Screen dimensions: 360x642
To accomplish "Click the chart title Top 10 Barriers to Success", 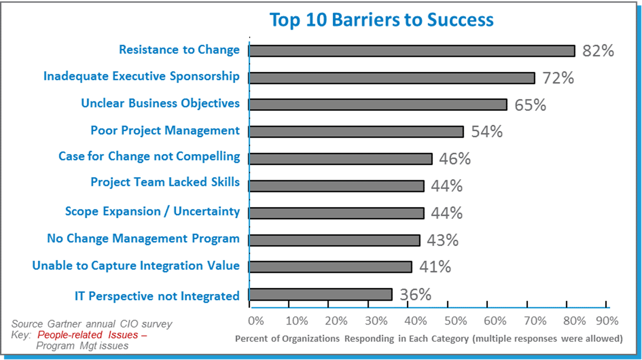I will (381, 20).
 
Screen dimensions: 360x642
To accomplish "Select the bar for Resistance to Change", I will (411, 51).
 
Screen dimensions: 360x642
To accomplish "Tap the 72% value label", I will (558, 78).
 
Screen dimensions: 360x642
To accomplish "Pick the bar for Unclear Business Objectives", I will (378, 105).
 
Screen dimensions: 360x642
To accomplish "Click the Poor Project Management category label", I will (165, 130).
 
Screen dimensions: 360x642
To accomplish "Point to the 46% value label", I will (455, 159).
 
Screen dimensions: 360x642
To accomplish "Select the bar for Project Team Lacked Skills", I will (336, 186).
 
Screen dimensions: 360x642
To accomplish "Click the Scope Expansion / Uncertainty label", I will (152, 211).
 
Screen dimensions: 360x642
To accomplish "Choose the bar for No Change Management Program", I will (334, 240).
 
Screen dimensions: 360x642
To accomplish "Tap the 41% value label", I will (435, 267).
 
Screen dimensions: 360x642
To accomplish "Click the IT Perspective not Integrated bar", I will (321, 294).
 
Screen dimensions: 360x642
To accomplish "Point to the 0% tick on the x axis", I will (256, 321).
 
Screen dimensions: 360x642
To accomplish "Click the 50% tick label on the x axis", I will (455, 321).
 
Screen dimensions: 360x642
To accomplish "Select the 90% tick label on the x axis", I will (607, 321).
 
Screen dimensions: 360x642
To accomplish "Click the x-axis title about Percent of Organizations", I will (428, 339).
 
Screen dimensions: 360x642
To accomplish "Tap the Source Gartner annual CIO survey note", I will (92, 324).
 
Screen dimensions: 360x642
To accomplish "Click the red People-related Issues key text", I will (92, 335).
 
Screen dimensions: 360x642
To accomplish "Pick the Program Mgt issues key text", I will (82, 346).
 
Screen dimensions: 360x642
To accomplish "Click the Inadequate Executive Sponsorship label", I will (141, 76).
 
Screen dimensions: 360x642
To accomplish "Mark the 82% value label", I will (598, 51).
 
